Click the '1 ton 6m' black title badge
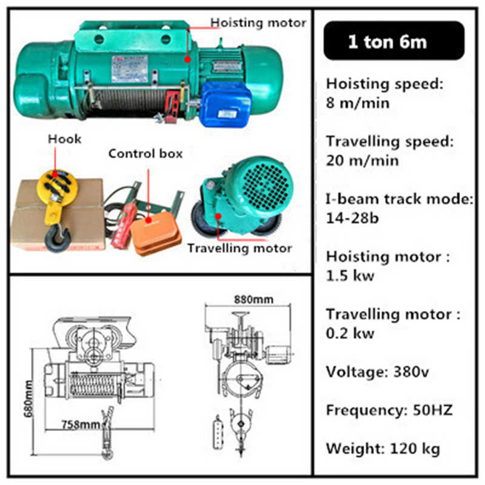click(x=387, y=41)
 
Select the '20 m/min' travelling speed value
click(x=363, y=161)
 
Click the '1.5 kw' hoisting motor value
click(x=350, y=275)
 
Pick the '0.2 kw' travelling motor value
click(x=350, y=333)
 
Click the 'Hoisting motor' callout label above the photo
click(x=258, y=23)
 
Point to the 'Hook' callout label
click(x=64, y=139)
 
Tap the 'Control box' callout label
click(x=145, y=153)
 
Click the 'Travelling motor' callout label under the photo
click(x=239, y=248)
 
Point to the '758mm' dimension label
click(x=81, y=424)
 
